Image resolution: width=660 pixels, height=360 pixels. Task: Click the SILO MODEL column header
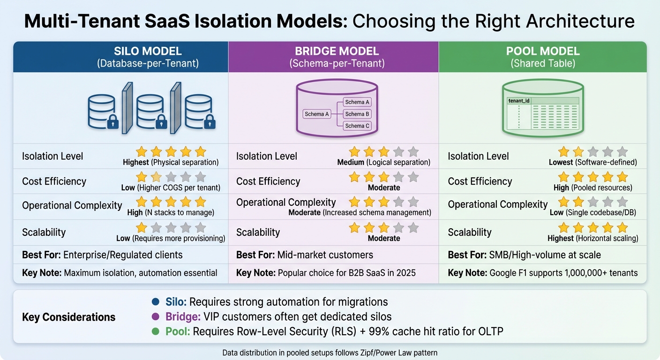point(148,51)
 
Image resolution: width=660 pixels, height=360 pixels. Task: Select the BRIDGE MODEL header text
point(337,51)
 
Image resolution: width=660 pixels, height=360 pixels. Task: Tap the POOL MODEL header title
point(543,51)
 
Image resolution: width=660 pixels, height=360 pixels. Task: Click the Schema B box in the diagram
point(357,114)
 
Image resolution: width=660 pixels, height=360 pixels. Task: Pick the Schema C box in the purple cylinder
point(357,126)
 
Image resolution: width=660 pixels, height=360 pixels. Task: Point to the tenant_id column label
point(518,101)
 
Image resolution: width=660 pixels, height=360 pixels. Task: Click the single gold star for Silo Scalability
point(142,228)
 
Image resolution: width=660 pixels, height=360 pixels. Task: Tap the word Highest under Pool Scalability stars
point(561,238)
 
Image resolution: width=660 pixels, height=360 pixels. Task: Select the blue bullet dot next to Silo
point(156,302)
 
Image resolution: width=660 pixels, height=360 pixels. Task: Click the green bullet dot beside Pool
point(156,332)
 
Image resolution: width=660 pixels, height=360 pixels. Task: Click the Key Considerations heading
point(68,317)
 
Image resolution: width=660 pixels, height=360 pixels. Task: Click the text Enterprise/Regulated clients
point(123,255)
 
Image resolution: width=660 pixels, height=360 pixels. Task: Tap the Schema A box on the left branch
point(317,114)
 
